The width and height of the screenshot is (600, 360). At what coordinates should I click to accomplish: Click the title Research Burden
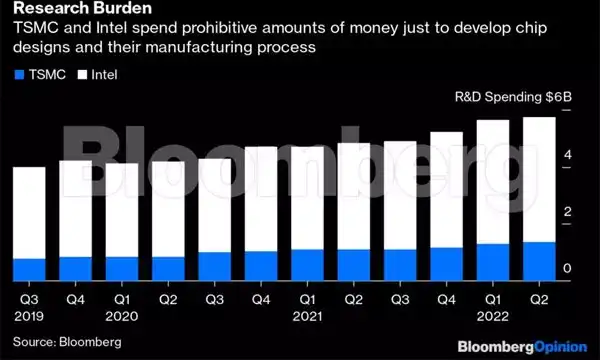tap(69, 11)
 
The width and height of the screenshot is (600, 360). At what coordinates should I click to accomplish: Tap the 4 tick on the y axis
tap(567, 155)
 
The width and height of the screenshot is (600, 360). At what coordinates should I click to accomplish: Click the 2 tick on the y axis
tap(567, 212)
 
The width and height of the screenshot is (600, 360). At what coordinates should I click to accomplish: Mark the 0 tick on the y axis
tap(567, 269)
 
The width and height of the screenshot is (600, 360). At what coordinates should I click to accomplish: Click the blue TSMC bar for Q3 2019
tap(29, 270)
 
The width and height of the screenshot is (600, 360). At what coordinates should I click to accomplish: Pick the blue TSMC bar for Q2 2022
tap(540, 262)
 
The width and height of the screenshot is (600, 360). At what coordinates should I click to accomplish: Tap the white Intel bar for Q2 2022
tap(540, 179)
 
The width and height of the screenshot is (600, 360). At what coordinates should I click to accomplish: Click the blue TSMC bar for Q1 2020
tap(122, 269)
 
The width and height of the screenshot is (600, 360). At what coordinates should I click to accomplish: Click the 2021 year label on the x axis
tap(308, 315)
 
